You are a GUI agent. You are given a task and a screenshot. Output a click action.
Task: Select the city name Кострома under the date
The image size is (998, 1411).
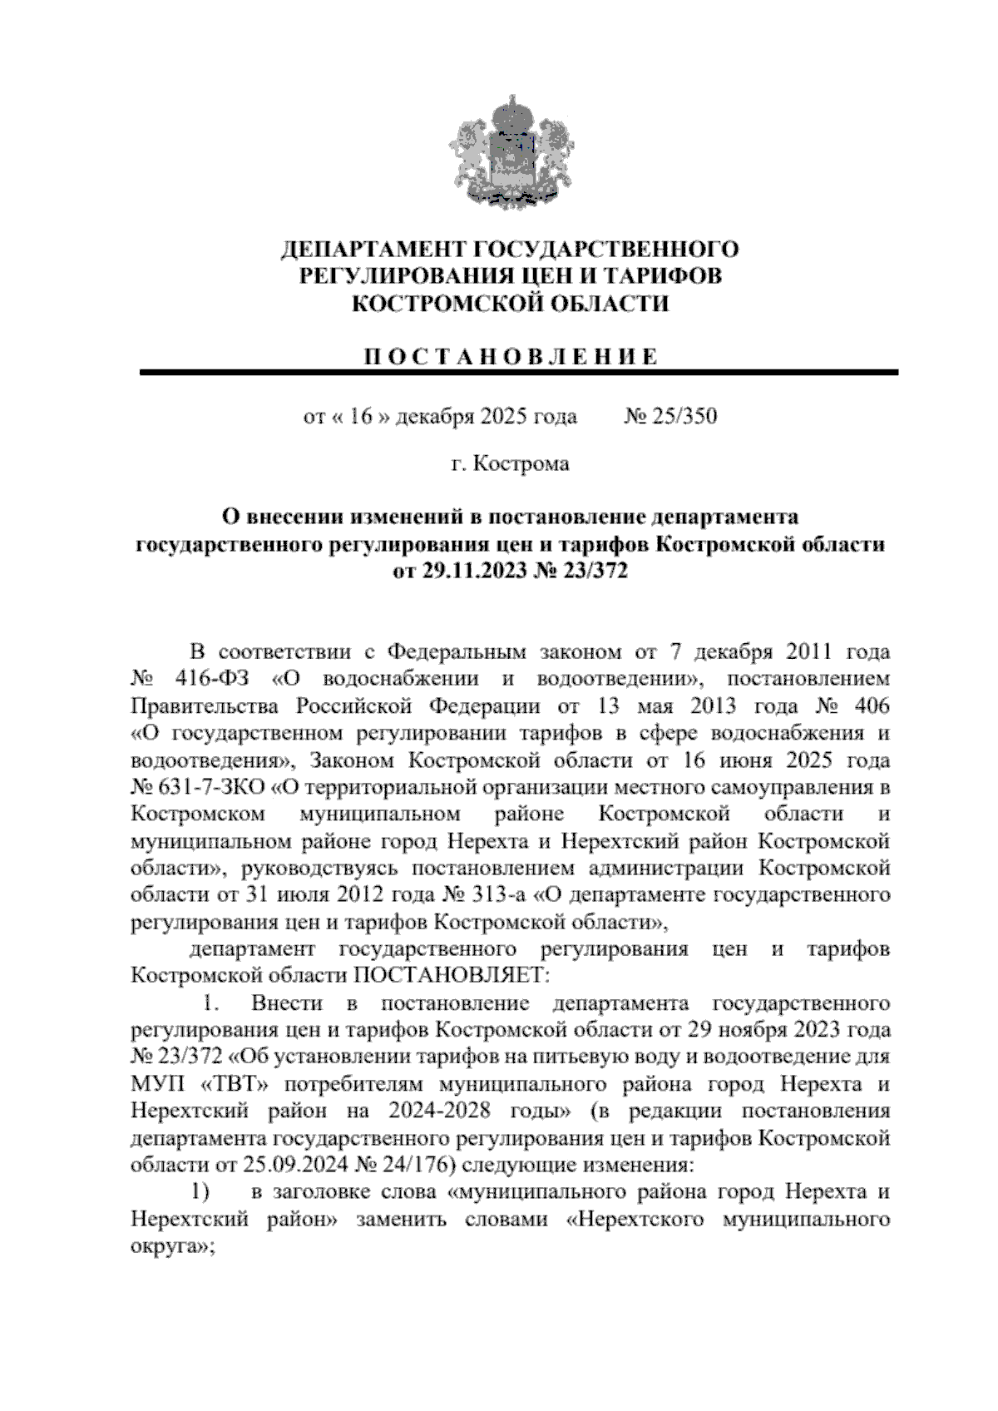click(521, 463)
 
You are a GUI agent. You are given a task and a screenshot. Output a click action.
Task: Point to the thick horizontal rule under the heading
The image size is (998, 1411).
click(519, 373)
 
